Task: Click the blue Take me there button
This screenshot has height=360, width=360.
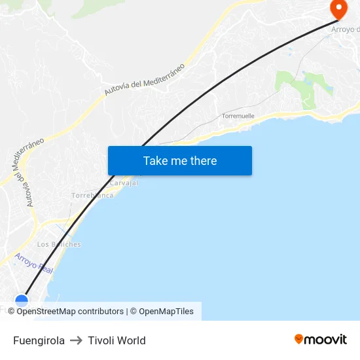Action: [x=179, y=161]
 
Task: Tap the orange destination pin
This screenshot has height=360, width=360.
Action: [x=339, y=9]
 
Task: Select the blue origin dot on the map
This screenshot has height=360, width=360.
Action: [x=22, y=300]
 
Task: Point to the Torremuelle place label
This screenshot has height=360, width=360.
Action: [x=238, y=116]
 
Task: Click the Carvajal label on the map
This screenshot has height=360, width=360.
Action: [x=124, y=183]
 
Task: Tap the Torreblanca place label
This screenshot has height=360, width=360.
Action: [x=92, y=195]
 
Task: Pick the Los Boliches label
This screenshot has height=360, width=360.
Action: [x=59, y=244]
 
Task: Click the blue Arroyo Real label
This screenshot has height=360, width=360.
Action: [x=34, y=263]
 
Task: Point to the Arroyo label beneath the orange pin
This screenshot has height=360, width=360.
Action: [x=345, y=29]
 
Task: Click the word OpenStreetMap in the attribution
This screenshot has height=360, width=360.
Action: [x=48, y=312]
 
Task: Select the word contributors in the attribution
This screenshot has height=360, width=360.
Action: [x=101, y=312]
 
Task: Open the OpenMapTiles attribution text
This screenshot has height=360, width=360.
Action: [x=166, y=312]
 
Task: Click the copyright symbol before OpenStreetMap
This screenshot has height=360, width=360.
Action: [x=12, y=312]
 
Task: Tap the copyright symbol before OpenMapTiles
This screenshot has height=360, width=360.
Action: [x=133, y=312]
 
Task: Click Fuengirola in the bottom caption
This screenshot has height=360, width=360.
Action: [x=39, y=340]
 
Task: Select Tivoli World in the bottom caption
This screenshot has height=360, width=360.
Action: [x=117, y=340]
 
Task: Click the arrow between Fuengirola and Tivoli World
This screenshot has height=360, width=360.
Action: [x=76, y=340]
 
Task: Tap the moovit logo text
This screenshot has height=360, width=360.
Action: [x=325, y=339]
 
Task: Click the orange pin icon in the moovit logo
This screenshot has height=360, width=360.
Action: [x=299, y=339]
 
